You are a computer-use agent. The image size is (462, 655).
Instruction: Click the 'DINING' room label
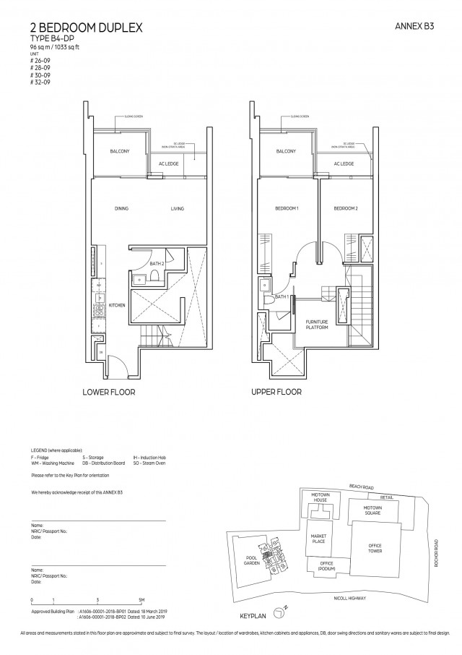click(x=121, y=209)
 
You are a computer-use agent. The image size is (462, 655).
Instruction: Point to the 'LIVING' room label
click(x=177, y=209)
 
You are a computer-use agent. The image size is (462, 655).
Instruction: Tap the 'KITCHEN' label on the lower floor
click(x=117, y=305)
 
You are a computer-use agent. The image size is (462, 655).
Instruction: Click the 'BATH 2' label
click(x=157, y=265)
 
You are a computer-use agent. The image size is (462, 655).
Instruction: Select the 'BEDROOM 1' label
click(x=287, y=209)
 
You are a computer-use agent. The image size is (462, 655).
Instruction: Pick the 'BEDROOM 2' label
click(x=345, y=209)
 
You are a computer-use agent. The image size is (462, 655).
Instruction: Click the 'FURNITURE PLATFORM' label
click(x=317, y=325)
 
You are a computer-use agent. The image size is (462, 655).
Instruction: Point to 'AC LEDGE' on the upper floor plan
click(x=343, y=164)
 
